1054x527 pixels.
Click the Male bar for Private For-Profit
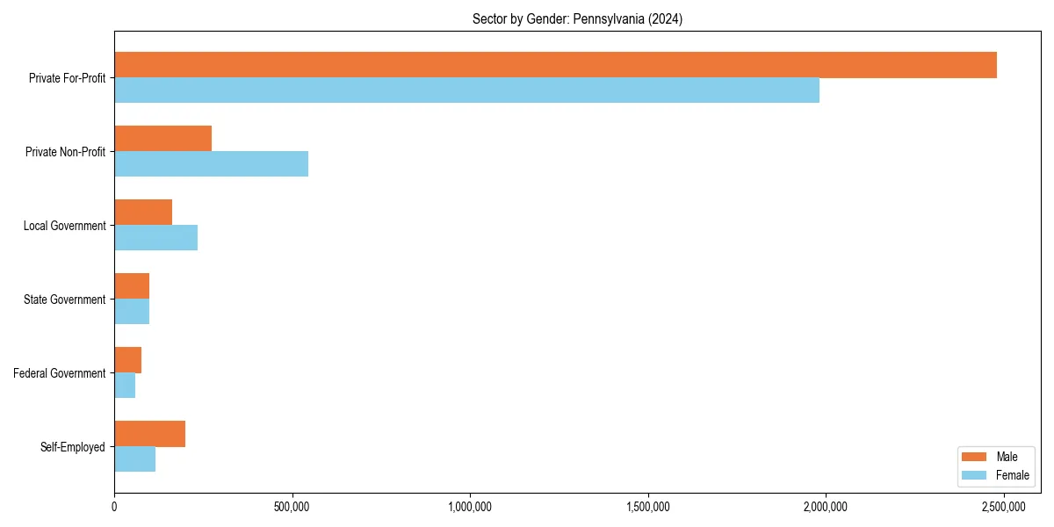pos(555,65)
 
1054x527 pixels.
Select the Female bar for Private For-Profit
pos(466,90)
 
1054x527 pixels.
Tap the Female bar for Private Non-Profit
pos(211,164)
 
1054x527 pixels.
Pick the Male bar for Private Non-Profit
pos(162,139)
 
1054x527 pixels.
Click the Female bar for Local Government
pos(155,238)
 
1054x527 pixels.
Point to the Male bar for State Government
pos(132,286)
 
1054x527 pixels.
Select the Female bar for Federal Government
pos(125,386)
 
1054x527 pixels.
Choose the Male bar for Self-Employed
pos(149,434)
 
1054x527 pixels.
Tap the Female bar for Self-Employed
pos(134,459)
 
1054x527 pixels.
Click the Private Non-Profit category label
pos(65,152)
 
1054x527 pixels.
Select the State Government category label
pos(64,300)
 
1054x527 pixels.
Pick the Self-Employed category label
pos(73,447)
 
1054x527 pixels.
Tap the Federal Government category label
pos(60,373)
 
